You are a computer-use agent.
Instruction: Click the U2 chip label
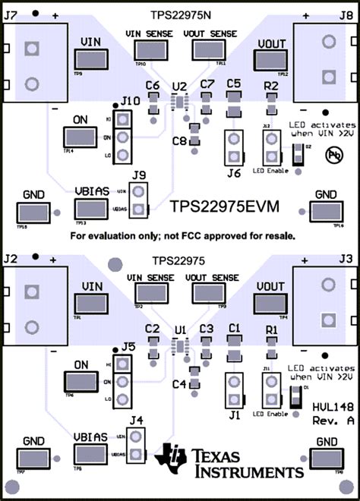[179, 86]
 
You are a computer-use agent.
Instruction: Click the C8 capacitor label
[179, 141]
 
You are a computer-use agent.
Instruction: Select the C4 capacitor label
[179, 384]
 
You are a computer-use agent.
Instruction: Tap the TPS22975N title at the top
[179, 14]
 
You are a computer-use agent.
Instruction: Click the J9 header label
[137, 175]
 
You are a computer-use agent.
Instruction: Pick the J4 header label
[136, 419]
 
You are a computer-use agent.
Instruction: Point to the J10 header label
[130, 101]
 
